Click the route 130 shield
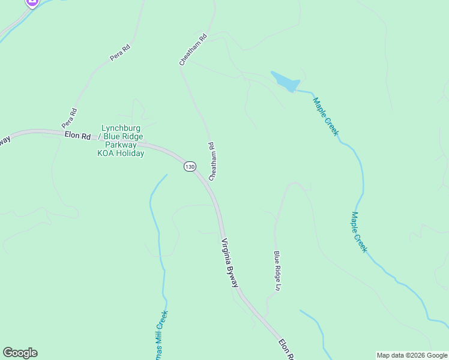coord(190,166)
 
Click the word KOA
coord(106,153)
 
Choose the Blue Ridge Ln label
coord(277,271)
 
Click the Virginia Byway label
coord(231,262)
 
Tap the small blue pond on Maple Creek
coord(285,82)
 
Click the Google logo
coord(20,353)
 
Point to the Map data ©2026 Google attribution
coord(412,355)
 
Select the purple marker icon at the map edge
coord(32,2)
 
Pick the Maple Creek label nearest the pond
coord(325,116)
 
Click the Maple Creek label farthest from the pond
coord(359,232)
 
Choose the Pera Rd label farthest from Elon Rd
coord(120,52)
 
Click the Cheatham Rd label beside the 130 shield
coord(212,161)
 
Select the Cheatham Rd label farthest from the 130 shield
coord(193,49)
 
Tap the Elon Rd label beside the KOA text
coord(77,136)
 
